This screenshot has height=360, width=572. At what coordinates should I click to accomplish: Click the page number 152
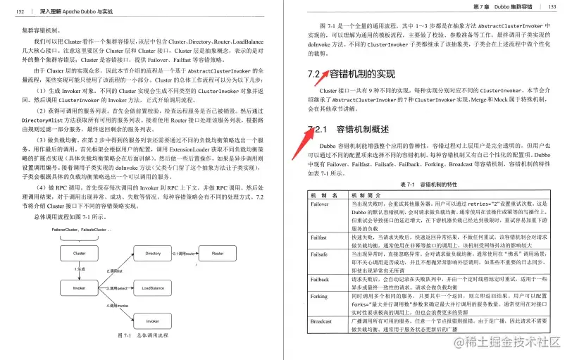tap(20, 11)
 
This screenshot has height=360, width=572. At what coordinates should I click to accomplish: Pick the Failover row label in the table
tap(321, 202)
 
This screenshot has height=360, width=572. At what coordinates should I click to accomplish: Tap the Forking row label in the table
tap(320, 297)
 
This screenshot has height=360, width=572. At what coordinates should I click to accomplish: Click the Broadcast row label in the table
tap(322, 321)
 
